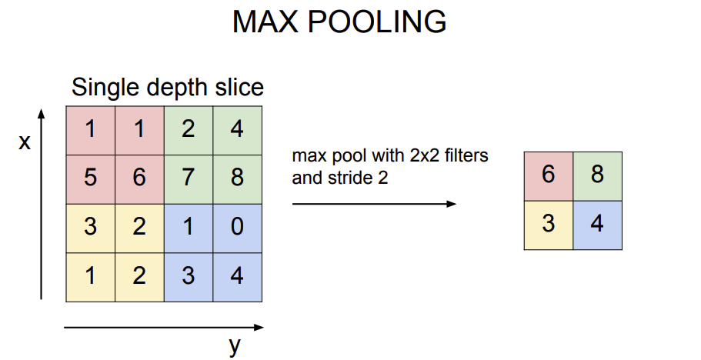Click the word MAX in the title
pyautogui.click(x=265, y=23)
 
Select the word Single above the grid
pyautogui.click(x=102, y=87)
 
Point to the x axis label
pyautogui.click(x=25, y=142)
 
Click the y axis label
pyautogui.click(x=235, y=346)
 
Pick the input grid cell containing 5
pyautogui.click(x=91, y=178)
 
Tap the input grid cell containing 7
pyautogui.click(x=189, y=178)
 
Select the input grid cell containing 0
pyautogui.click(x=237, y=227)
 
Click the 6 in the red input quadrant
pyautogui.click(x=139, y=178)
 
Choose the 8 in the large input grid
pyautogui.click(x=237, y=178)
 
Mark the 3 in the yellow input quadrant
pyautogui.click(x=91, y=227)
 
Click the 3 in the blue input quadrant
pyautogui.click(x=189, y=275)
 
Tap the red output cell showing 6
pyautogui.click(x=549, y=175)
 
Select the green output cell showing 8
pyautogui.click(x=597, y=175)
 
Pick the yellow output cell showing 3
pyautogui.click(x=549, y=225)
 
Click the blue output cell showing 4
pyautogui.click(x=597, y=225)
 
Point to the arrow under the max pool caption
pyautogui.click(x=374, y=204)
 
